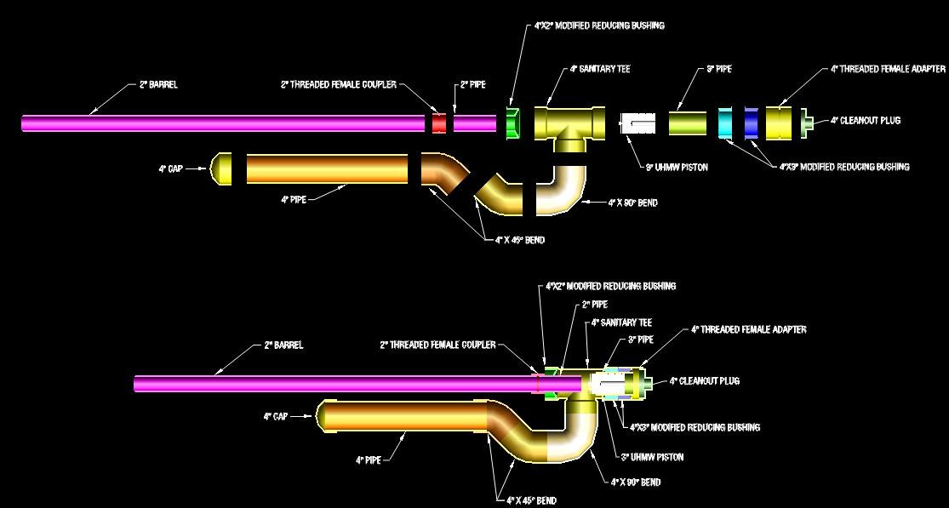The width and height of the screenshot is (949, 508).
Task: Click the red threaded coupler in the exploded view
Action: (439, 123)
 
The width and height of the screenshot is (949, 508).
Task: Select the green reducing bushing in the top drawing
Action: (513, 123)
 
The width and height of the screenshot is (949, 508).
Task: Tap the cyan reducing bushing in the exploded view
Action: (725, 123)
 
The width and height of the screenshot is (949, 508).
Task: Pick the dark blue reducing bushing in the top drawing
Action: (752, 123)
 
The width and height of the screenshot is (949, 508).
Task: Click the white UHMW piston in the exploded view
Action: (637, 123)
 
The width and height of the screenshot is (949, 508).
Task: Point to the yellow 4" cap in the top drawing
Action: (222, 168)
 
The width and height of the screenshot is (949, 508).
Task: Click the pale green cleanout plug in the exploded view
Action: (804, 123)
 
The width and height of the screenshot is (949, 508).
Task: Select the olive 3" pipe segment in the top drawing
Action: (687, 123)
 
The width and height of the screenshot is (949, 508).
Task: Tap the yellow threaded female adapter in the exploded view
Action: (779, 123)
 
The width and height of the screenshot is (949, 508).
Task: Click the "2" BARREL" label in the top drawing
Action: (158, 85)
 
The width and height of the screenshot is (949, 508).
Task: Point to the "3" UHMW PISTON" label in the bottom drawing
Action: (652, 458)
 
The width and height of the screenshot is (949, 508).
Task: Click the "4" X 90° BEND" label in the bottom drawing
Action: (636, 482)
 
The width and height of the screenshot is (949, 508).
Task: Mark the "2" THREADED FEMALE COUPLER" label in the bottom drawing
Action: (437, 345)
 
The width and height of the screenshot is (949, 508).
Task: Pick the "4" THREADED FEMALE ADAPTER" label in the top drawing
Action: (888, 69)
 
